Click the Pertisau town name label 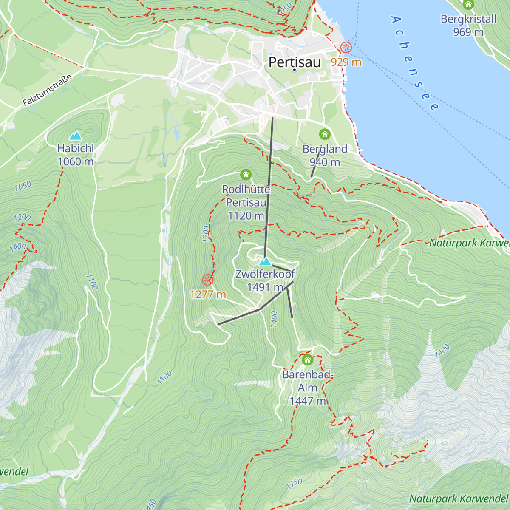pyautogui.click(x=295, y=62)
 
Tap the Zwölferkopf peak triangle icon pyautogui.click(x=265, y=261)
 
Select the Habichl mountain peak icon pyautogui.click(x=76, y=136)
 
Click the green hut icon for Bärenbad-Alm pyautogui.click(x=307, y=360)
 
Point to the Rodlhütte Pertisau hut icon pyautogui.click(x=246, y=174)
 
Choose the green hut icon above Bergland pyautogui.click(x=325, y=134)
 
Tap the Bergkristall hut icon pyautogui.click(x=468, y=5)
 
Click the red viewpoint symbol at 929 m pyautogui.click(x=346, y=48)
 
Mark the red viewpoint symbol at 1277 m pyautogui.click(x=207, y=280)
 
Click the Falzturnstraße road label pyautogui.click(x=47, y=90)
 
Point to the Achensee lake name pyautogui.click(x=414, y=64)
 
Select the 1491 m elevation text pyautogui.click(x=265, y=287)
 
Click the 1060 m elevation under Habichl pyautogui.click(x=76, y=161)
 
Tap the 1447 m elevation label pyautogui.click(x=308, y=401)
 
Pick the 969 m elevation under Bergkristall pyautogui.click(x=468, y=32)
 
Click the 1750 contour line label pyautogui.click(x=294, y=484)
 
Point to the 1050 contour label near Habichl pyautogui.click(x=23, y=186)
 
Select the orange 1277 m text pyautogui.click(x=208, y=295)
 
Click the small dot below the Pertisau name pyautogui.click(x=295, y=70)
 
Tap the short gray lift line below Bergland pyautogui.click(x=315, y=165)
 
